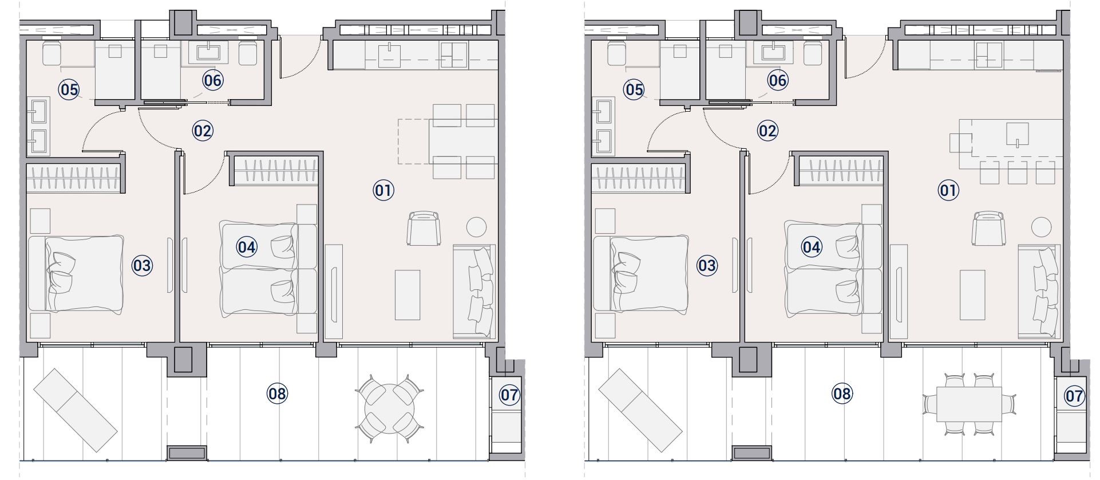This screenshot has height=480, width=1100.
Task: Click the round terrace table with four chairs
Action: point(389,408)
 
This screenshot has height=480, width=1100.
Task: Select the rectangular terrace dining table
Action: point(969,404)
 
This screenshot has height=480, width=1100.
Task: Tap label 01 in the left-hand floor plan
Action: point(383,190)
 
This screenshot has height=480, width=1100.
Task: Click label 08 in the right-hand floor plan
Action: point(842,394)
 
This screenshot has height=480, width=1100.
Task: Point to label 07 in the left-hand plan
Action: point(509,395)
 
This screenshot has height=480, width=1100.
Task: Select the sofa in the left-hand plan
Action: point(473,292)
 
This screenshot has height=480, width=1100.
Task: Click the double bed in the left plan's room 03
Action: point(76,273)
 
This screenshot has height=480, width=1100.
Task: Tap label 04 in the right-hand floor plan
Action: point(812,247)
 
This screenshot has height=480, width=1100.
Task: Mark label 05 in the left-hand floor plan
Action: point(69,89)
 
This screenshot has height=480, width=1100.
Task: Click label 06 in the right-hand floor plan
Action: point(777,80)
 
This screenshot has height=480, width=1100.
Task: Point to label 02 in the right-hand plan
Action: point(767,131)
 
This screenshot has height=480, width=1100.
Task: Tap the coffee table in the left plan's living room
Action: point(407,295)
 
